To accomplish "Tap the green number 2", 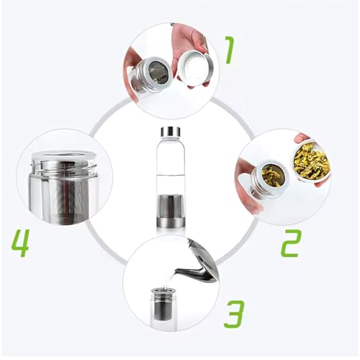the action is coord(291,243).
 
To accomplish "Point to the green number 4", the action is coord(20,243).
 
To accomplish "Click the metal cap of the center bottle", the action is coord(171,131).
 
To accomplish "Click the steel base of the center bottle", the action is coord(171,222).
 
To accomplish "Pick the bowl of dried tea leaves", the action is coord(311,161).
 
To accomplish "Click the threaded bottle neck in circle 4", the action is coord(64,164).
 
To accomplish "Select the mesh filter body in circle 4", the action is coord(65,197).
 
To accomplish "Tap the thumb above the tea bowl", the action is coord(302,138).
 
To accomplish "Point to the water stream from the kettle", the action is coord(168,282).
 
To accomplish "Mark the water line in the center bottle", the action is coord(171,175).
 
